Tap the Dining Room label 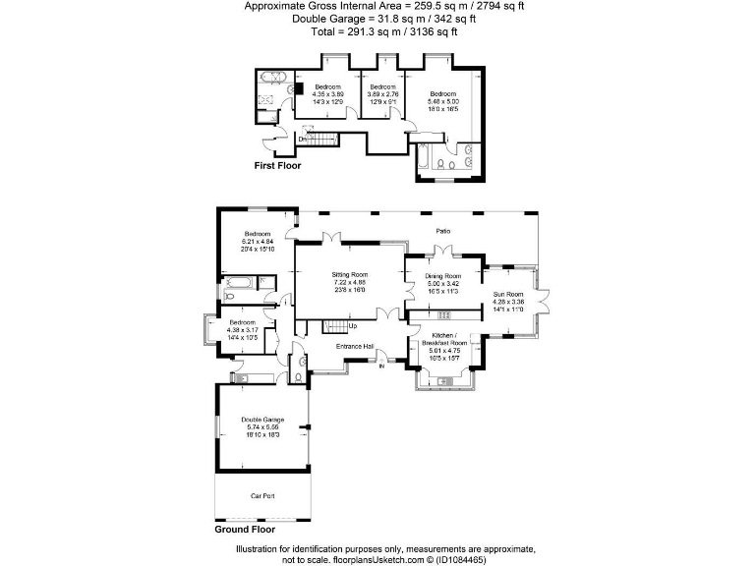point(442,276)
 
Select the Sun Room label point(507,294)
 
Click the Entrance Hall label point(354,346)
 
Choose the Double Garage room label point(261,420)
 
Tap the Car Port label point(261,496)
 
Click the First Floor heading point(277,166)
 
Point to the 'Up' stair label point(352,326)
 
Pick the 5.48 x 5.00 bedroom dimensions point(442,101)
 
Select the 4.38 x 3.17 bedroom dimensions point(242,330)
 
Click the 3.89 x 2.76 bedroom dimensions point(380,93)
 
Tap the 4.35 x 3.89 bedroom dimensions point(327,93)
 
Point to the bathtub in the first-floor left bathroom point(269,78)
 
